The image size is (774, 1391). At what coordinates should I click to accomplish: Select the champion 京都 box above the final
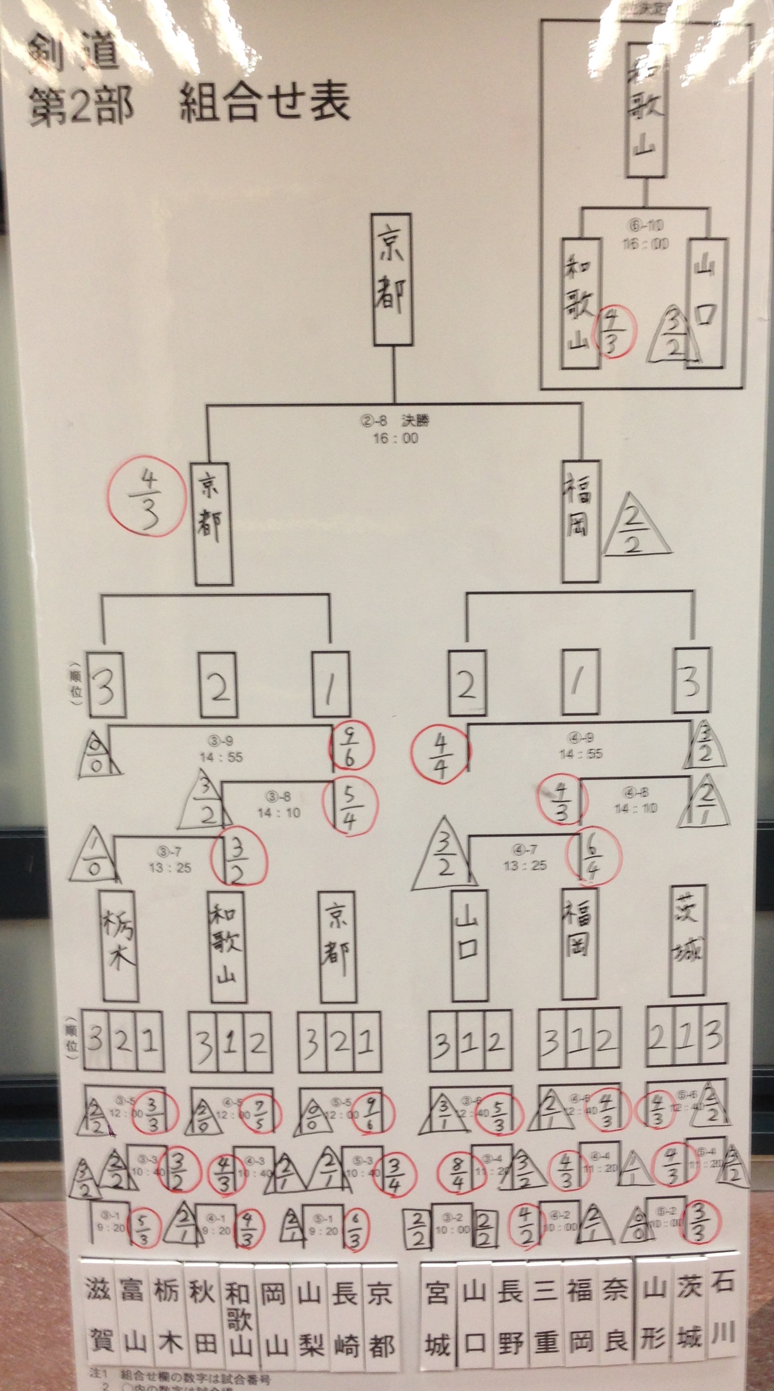tap(392, 279)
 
